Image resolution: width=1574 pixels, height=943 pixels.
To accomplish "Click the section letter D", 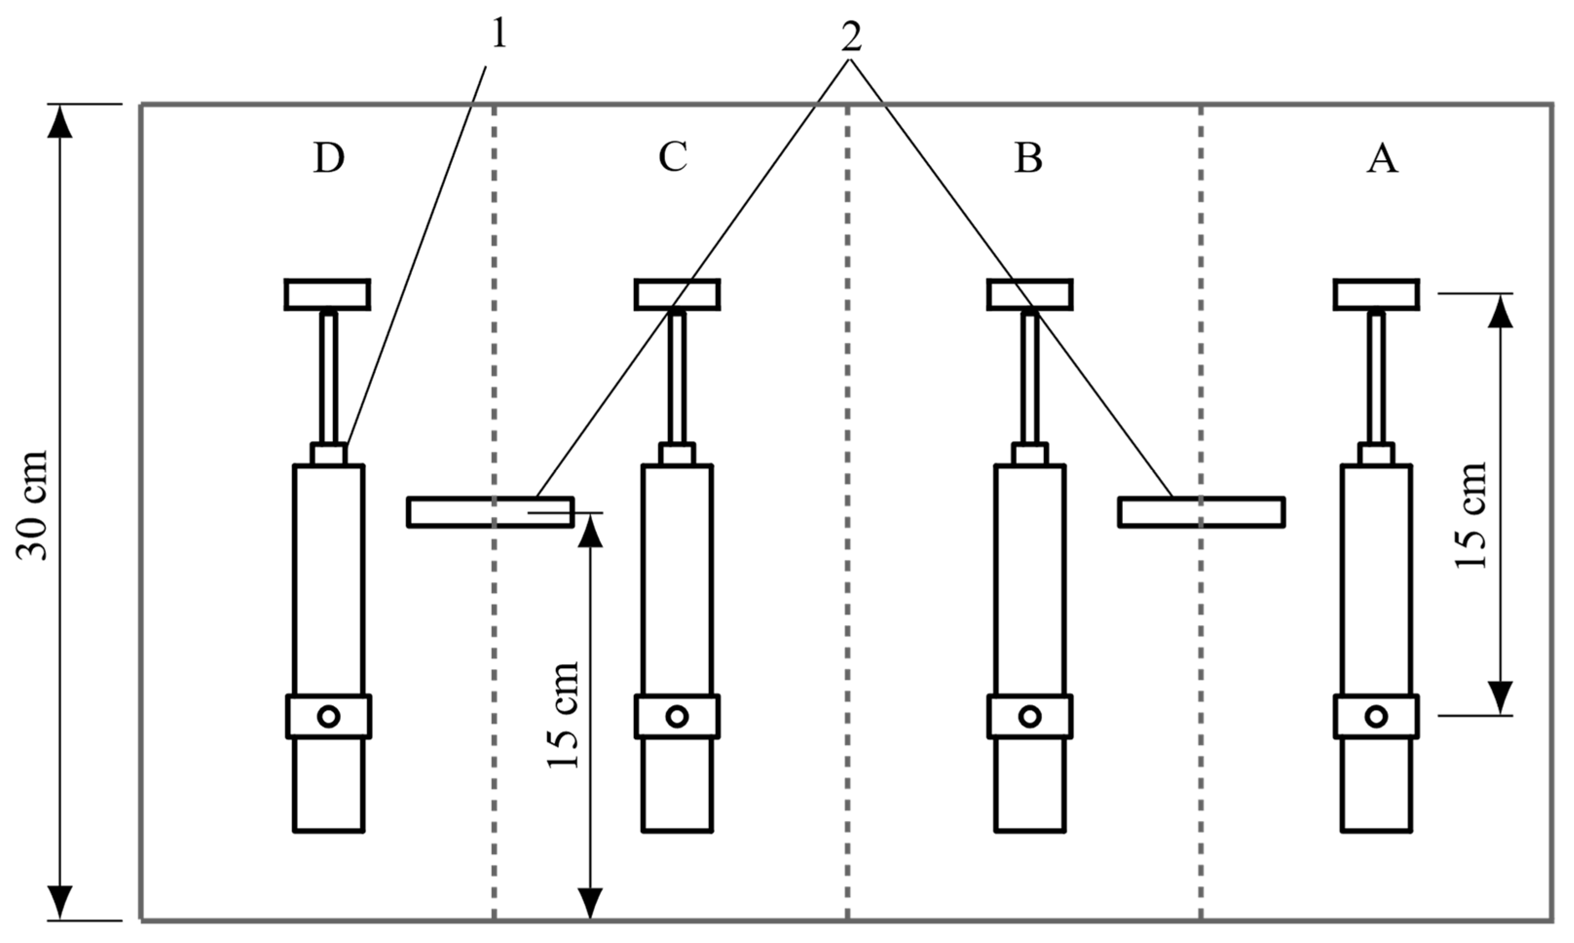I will (x=329, y=158).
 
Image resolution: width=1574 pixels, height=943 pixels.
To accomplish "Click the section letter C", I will (x=672, y=157).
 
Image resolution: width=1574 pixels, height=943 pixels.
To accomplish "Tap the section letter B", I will (x=1028, y=158).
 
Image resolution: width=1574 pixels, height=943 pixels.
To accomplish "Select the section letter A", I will (x=1382, y=158).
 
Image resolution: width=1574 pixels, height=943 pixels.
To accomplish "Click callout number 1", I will (x=499, y=33).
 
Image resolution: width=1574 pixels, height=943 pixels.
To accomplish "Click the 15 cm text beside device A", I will (x=1471, y=515).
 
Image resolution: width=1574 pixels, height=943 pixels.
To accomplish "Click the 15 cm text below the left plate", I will (x=563, y=715).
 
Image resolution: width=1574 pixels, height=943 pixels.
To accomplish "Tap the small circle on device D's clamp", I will (x=329, y=716).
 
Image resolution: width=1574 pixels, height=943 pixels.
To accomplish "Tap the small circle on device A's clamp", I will (x=1376, y=716).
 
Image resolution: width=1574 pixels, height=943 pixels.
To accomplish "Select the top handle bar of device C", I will (x=677, y=294).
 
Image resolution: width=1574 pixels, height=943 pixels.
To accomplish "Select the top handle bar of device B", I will (x=1030, y=294).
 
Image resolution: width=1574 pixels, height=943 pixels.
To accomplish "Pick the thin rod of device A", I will (x=1376, y=378).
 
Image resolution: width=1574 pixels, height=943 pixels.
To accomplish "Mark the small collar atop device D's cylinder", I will (x=329, y=454).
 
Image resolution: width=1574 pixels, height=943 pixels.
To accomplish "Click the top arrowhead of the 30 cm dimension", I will (x=60, y=121).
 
